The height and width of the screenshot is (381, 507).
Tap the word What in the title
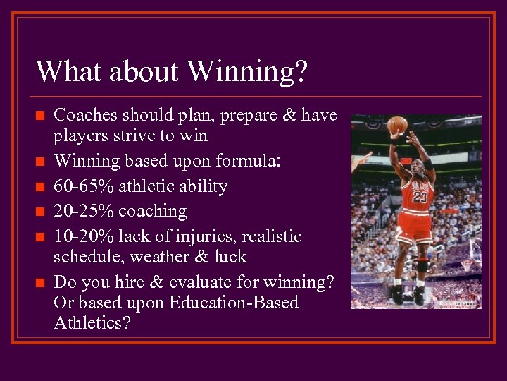tap(65, 72)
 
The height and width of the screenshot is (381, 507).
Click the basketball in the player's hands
tap(397, 126)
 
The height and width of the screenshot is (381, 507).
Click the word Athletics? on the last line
tap(92, 324)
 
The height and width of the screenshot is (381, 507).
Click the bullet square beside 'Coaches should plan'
tap(41, 116)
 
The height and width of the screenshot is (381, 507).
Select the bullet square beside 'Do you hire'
tap(41, 283)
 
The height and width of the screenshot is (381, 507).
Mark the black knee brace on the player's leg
tap(422, 265)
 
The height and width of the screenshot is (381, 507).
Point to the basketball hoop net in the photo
tap(465, 267)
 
